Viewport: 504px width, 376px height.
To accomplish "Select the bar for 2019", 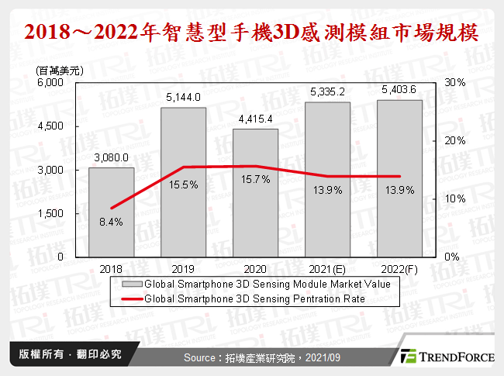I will (184, 181).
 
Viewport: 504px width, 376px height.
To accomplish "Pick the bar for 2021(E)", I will (328, 179).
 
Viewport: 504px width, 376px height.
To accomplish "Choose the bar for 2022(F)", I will (399, 178).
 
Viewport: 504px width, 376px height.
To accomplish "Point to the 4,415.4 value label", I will (256, 119).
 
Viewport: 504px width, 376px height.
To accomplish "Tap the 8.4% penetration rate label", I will (110, 222).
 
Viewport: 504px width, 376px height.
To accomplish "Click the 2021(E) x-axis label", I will (328, 269).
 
